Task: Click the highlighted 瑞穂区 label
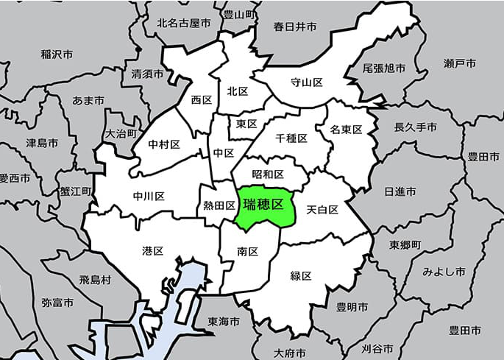pyautogui.click(x=263, y=205)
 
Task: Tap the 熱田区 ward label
pyautogui.click(x=219, y=206)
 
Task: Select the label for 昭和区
pyautogui.click(x=268, y=174)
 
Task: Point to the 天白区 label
pyautogui.click(x=322, y=210)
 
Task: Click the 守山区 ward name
pyautogui.click(x=307, y=82)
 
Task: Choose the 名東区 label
pyautogui.click(x=346, y=130)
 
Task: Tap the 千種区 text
pyautogui.click(x=291, y=138)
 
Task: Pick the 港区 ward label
pyautogui.click(x=152, y=251)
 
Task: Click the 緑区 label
pyautogui.click(x=301, y=276)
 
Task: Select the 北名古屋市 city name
pyautogui.click(x=183, y=24)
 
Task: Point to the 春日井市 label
pyautogui.click(x=295, y=27)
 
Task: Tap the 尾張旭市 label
pyautogui.click(x=384, y=68)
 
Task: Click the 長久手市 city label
pyautogui.click(x=416, y=127)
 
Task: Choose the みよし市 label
pyautogui.click(x=444, y=272)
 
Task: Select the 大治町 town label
pyautogui.click(x=121, y=134)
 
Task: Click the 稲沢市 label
pyautogui.click(x=57, y=54)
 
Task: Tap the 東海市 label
pyautogui.click(x=223, y=322)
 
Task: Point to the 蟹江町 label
pyautogui.click(x=76, y=191)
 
